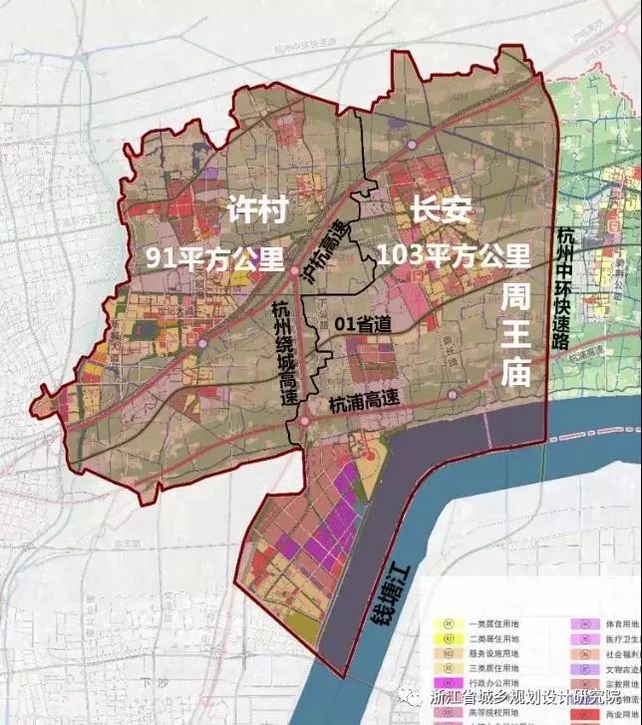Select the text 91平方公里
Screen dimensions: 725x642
point(202,256)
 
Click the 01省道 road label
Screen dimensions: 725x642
point(360,324)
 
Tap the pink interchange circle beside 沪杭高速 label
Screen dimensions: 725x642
point(295,269)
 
